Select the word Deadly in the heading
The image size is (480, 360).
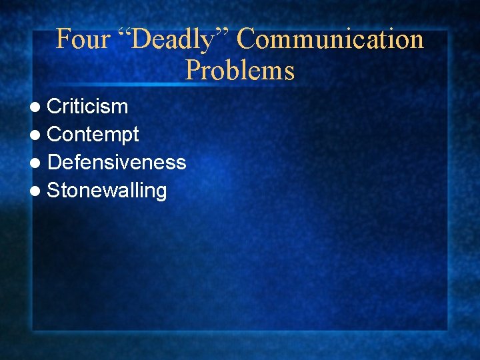click(175, 40)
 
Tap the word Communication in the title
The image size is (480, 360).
click(331, 39)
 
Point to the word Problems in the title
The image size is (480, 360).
click(240, 69)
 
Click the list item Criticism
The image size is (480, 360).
click(87, 106)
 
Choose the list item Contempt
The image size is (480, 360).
click(93, 135)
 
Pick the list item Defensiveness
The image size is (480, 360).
click(117, 162)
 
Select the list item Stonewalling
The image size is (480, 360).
click(107, 191)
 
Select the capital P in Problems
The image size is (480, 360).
click(192, 69)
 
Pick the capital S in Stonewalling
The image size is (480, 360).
click(54, 191)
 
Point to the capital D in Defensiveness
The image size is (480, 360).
click(55, 162)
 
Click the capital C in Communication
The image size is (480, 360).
click(246, 39)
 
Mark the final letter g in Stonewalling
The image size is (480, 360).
click(160, 193)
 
